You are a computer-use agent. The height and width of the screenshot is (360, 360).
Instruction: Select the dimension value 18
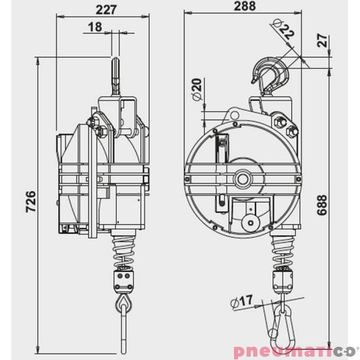pyautogui.click(x=95, y=27)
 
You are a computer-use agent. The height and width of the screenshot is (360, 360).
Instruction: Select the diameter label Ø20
pyautogui.click(x=196, y=90)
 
